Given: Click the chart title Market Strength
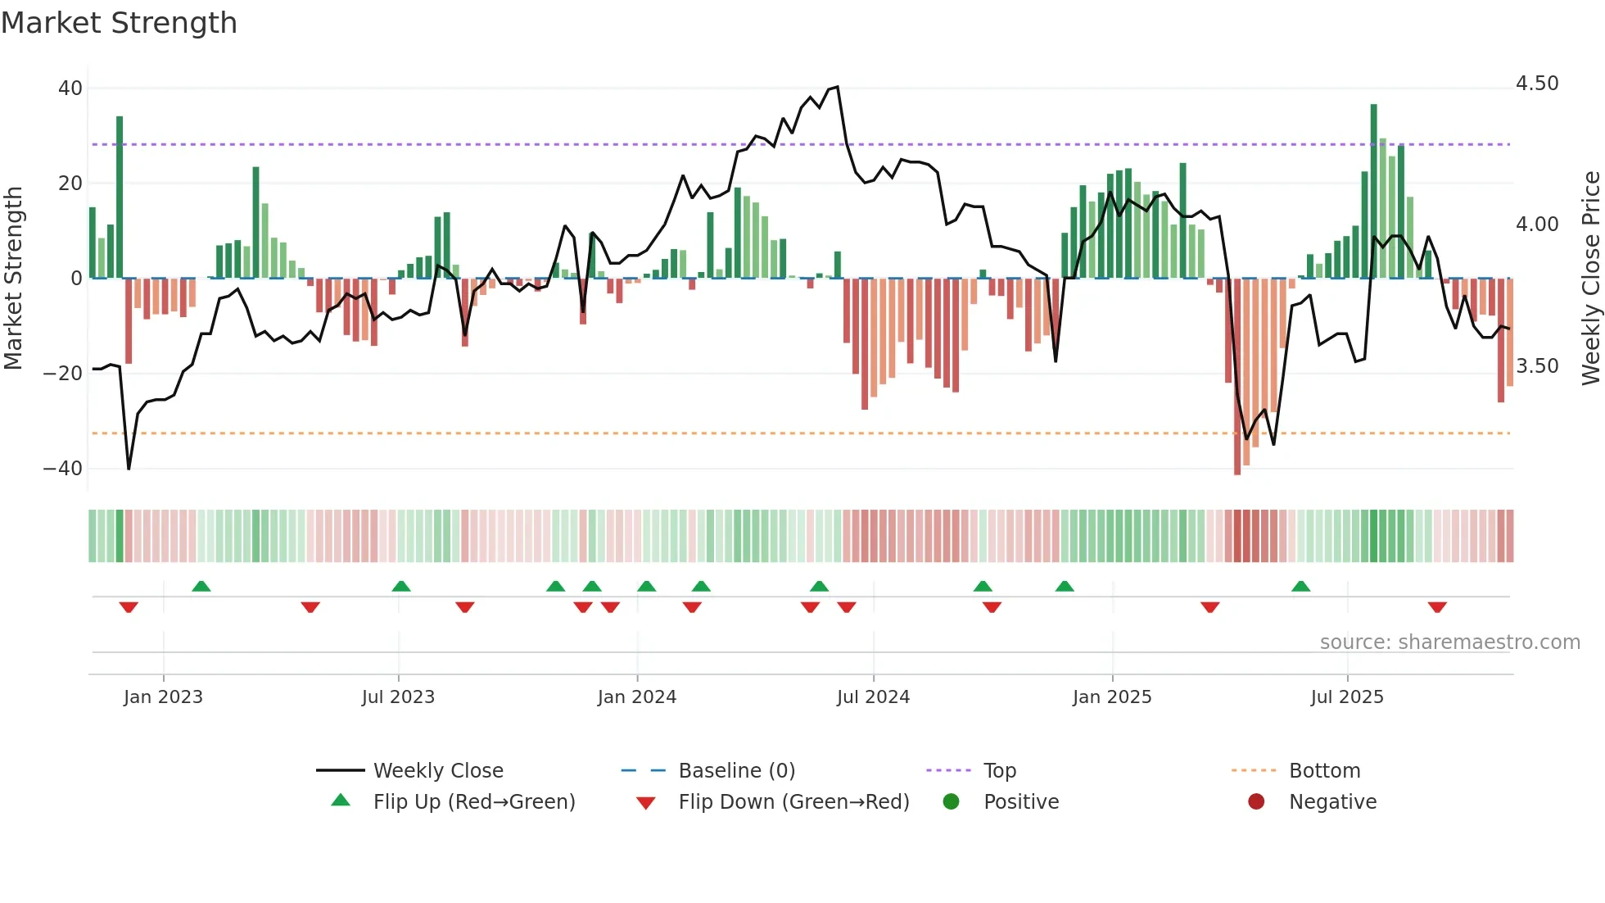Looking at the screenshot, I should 119,23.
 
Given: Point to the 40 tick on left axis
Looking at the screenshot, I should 70,88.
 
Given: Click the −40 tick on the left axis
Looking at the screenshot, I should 63,469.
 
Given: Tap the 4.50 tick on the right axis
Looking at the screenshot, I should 1536,84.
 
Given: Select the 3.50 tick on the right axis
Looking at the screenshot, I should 1536,366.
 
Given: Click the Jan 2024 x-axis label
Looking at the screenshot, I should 636,697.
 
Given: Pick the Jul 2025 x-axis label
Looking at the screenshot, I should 1346,697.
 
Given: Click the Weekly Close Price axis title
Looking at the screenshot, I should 1590,278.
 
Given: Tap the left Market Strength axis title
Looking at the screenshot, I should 14,278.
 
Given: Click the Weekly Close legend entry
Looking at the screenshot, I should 437,771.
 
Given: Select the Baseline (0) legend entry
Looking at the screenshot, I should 736,771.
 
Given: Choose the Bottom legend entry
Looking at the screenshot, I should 1324,771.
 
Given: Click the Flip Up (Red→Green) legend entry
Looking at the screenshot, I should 473,802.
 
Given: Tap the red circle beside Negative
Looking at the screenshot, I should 1255,801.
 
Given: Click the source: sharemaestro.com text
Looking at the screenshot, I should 1449,642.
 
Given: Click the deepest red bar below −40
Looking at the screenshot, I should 1237,377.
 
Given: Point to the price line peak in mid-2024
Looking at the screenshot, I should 836,87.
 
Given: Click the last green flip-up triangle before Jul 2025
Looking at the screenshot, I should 1300,587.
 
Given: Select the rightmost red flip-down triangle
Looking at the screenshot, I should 1436,607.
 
